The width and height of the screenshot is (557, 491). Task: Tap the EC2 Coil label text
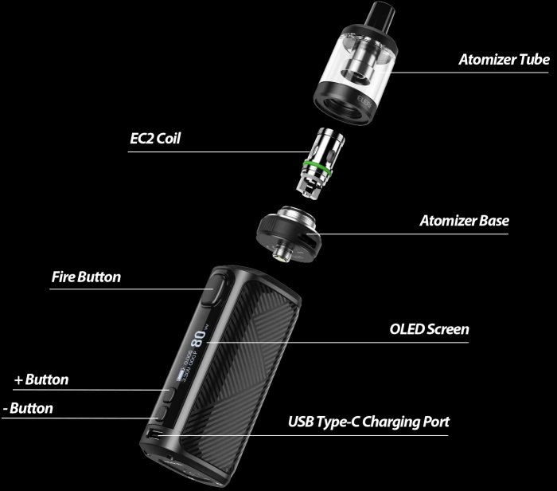[155, 138]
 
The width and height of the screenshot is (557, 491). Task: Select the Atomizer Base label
[464, 220]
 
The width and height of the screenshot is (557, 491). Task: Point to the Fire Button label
[86, 277]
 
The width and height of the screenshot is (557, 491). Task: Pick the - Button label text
[28, 409]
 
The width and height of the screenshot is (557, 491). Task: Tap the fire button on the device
[216, 290]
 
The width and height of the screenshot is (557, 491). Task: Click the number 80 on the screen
[199, 340]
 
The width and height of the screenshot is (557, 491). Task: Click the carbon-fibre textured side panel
[255, 359]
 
